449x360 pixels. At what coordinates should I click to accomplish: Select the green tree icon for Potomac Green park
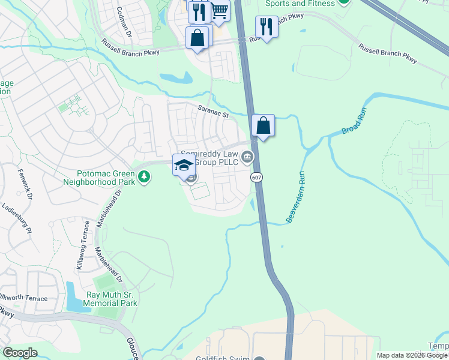[x=143, y=177]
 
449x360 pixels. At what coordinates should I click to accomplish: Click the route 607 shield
[x=257, y=178]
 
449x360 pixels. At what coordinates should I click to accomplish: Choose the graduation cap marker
[x=184, y=165]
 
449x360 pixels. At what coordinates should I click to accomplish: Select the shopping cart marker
[x=219, y=11]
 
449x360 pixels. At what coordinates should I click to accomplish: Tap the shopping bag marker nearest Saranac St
[x=263, y=126]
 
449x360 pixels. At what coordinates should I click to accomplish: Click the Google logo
[x=20, y=353]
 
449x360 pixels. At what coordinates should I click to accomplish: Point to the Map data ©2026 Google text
[x=412, y=355]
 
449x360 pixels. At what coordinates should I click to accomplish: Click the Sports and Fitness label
[x=300, y=4]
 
